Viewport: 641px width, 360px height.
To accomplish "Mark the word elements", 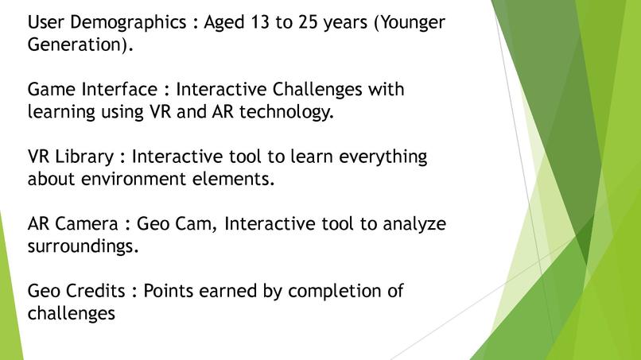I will [234, 180].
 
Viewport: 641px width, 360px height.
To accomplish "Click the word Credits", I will [99, 292].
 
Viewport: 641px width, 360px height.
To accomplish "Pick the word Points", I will [171, 292].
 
